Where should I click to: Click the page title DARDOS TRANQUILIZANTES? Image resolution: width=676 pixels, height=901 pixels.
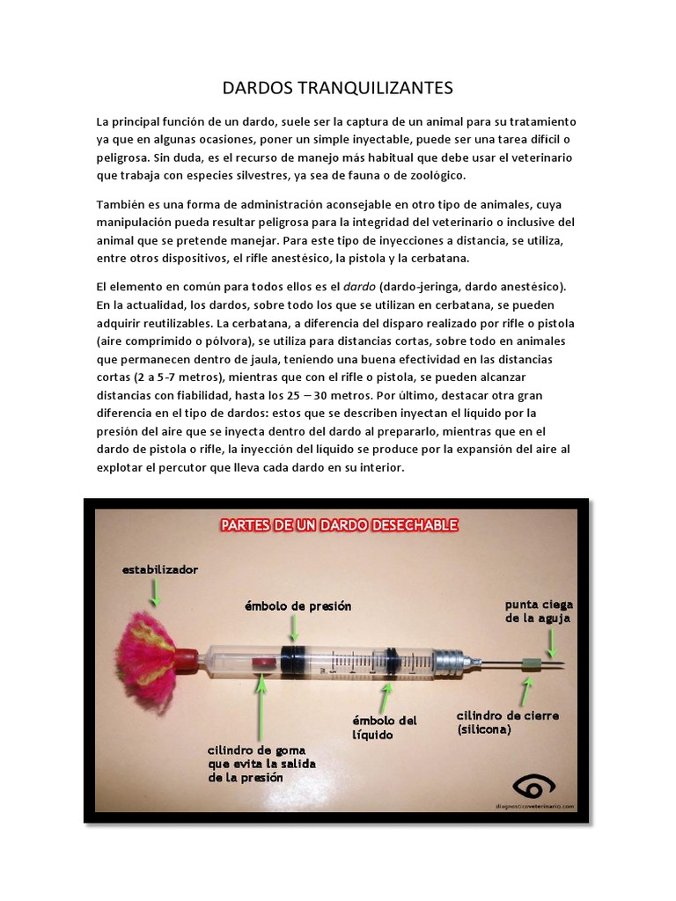pyautogui.click(x=337, y=87)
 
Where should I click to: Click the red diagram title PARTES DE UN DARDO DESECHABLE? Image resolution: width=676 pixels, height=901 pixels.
pyautogui.click(x=339, y=525)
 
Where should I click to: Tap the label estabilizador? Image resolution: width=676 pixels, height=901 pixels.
pyautogui.click(x=160, y=569)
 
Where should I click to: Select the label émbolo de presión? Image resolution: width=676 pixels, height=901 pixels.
pyautogui.click(x=298, y=606)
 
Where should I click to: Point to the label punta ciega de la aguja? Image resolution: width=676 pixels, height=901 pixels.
pyautogui.click(x=538, y=611)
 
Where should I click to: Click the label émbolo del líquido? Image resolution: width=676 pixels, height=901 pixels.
pyautogui.click(x=385, y=727)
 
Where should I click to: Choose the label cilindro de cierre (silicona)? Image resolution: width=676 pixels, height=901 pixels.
pyautogui.click(x=495, y=722)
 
